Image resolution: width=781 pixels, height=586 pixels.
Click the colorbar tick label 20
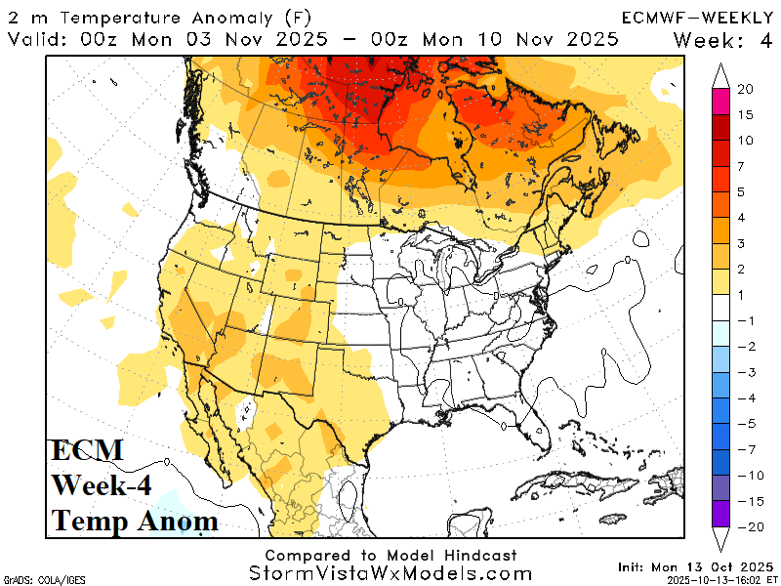pos(745,89)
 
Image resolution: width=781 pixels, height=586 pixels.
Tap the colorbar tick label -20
pos(745,526)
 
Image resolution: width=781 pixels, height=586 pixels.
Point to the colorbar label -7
pos(745,450)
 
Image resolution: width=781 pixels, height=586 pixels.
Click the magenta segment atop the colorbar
pos(721,102)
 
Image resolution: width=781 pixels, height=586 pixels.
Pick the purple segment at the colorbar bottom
pos(721,514)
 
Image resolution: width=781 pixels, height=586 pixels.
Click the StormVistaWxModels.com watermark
pos(390,574)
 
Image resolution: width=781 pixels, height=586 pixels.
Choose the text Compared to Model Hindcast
pos(390,554)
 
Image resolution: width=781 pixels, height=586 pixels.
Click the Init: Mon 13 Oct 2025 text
pos(695,566)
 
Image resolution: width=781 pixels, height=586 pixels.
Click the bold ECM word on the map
pos(87,450)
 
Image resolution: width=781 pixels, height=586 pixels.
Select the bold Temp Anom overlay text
pos(135,521)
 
